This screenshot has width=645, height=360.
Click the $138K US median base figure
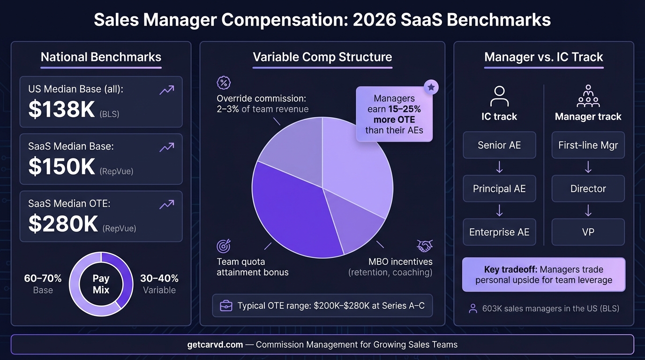62,109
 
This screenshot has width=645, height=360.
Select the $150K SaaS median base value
62,167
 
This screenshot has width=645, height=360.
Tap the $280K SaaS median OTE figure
63,224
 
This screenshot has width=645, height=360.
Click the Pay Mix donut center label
101,284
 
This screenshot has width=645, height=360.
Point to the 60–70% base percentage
43,278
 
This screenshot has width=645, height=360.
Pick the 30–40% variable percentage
159,278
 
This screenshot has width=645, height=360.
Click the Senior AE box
499,145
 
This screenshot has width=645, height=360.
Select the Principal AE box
499,189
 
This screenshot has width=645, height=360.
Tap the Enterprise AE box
499,232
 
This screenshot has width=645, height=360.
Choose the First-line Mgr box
588,145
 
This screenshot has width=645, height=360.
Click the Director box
588,189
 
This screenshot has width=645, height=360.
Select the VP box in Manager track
588,232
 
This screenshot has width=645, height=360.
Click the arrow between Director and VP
588,210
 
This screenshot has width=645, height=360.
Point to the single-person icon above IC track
499,96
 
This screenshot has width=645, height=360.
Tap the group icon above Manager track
588,96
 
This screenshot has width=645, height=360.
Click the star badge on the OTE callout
431,87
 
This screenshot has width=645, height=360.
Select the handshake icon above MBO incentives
425,246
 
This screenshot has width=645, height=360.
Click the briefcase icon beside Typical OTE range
226,306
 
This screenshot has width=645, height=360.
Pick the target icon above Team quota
224,246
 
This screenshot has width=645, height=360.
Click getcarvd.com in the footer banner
215,345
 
